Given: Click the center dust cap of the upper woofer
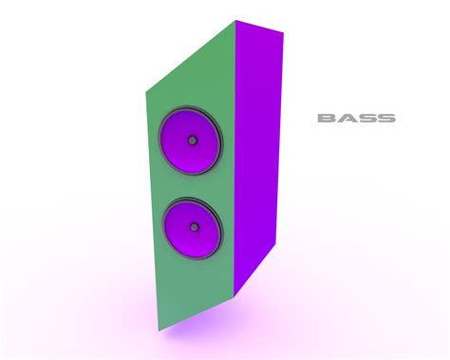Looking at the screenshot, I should (193, 141).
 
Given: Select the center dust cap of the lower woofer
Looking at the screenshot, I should (196, 228).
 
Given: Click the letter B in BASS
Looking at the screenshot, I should (327, 119).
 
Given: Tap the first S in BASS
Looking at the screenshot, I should (366, 119).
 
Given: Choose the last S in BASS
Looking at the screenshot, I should (385, 119).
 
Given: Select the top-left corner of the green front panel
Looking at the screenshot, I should (145, 93).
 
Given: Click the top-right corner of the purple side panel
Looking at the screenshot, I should (283, 36).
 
